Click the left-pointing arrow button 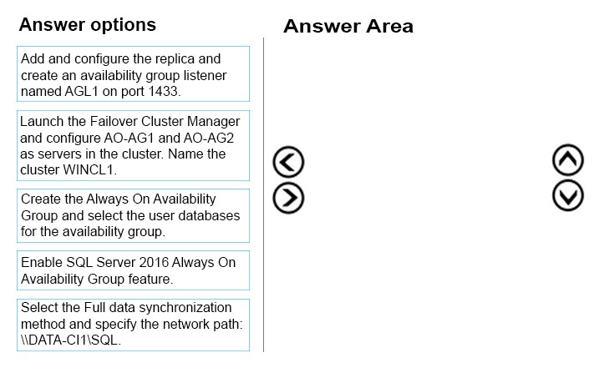pyautogui.click(x=288, y=162)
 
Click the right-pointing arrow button pyautogui.click(x=288, y=198)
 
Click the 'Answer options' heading pyautogui.click(x=88, y=25)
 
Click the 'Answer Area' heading pyautogui.click(x=348, y=26)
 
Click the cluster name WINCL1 pyautogui.click(x=89, y=170)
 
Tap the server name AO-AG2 pyautogui.click(x=209, y=138)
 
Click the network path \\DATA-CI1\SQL pyautogui.click(x=71, y=340)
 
